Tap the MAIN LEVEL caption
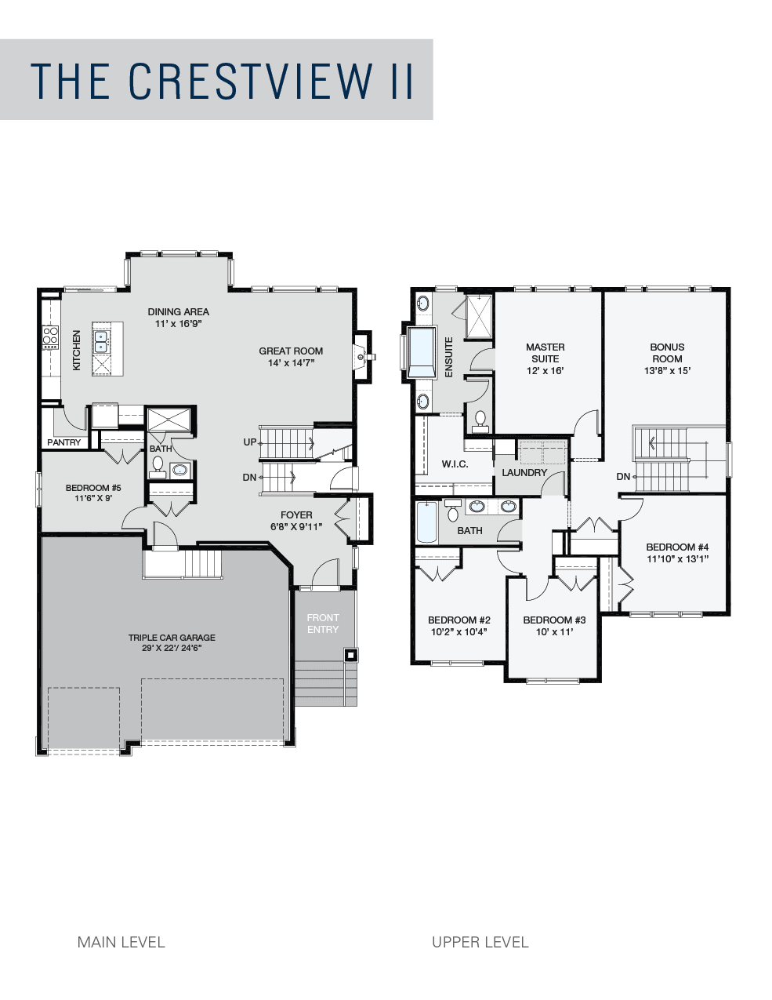click(121, 942)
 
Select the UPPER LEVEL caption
click(480, 942)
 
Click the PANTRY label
click(64, 442)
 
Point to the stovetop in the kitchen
click(51, 336)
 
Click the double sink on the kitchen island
click(100, 342)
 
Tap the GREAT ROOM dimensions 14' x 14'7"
click(291, 363)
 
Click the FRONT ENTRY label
click(323, 623)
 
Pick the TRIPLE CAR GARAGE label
click(172, 638)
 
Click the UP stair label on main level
click(250, 442)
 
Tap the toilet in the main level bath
click(158, 464)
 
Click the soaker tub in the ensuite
click(422, 352)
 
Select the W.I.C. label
click(455, 464)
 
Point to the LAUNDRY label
click(524, 473)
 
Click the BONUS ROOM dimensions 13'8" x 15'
click(667, 370)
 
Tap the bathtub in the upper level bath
click(426, 522)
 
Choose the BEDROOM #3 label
click(555, 620)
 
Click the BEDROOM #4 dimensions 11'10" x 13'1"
click(677, 558)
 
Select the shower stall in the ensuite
click(479, 317)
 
